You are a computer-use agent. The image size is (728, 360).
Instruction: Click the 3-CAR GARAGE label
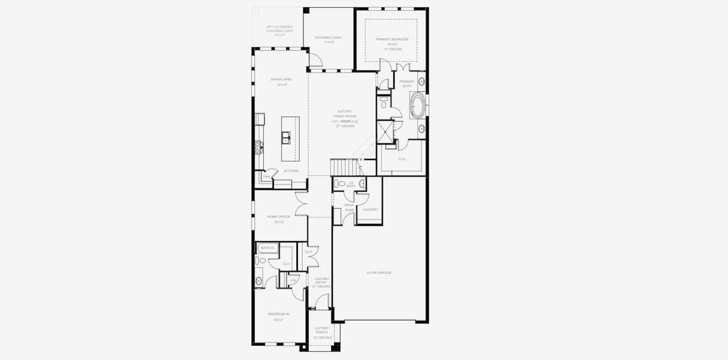(x=379, y=272)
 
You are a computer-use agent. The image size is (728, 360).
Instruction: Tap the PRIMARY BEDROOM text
(x=392, y=40)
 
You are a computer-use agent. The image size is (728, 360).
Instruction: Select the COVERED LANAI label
(x=328, y=37)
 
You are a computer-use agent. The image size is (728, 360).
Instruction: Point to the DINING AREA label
(x=281, y=79)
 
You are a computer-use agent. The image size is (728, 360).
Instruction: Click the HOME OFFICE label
(x=278, y=217)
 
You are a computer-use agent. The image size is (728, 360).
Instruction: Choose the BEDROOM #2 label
(x=278, y=314)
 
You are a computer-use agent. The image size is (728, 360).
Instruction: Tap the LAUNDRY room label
(x=371, y=209)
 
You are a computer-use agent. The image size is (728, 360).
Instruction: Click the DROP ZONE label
(x=348, y=207)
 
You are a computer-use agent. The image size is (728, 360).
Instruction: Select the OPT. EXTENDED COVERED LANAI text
(x=279, y=31)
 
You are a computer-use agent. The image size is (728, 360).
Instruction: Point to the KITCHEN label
(x=291, y=171)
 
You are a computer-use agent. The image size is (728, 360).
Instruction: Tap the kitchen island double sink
(x=287, y=139)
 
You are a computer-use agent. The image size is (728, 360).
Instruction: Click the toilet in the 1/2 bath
(x=341, y=184)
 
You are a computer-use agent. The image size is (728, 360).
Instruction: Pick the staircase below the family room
(x=343, y=167)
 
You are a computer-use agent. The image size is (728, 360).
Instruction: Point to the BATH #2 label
(x=267, y=248)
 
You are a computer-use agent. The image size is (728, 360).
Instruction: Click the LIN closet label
(x=293, y=281)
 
